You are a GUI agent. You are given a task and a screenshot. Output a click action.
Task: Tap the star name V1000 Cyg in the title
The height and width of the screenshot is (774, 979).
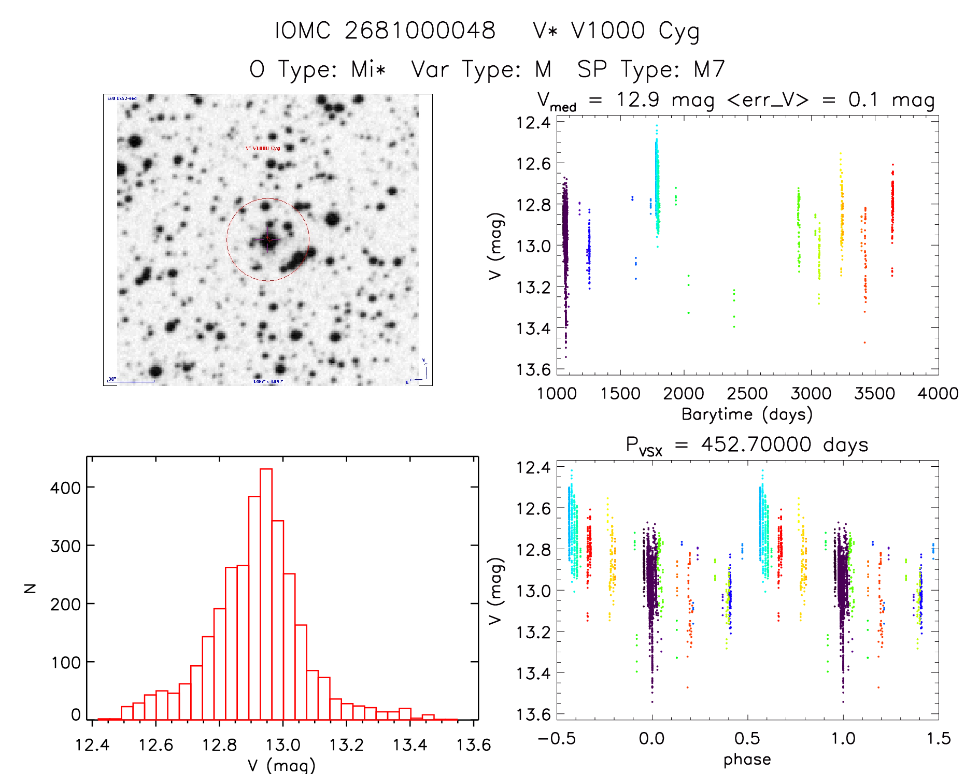pyautogui.click(x=635, y=31)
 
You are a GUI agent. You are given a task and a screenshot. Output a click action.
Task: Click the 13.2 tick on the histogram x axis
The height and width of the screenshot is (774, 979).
pyautogui.click(x=346, y=745)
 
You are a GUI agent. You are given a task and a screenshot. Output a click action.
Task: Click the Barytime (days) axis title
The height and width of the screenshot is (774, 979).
pyautogui.click(x=747, y=414)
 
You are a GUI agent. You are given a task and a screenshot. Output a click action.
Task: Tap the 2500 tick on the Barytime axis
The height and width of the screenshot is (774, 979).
pyautogui.click(x=747, y=394)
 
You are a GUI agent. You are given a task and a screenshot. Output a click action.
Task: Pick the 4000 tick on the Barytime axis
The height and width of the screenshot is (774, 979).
pyautogui.click(x=938, y=394)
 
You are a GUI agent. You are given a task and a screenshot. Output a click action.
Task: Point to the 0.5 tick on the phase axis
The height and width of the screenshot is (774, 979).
pyautogui.click(x=747, y=738)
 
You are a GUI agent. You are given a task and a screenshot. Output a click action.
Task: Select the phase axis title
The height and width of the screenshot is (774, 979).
pyautogui.click(x=747, y=759)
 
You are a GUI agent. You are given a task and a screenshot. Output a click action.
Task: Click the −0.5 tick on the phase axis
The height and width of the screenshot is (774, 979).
pyautogui.click(x=557, y=738)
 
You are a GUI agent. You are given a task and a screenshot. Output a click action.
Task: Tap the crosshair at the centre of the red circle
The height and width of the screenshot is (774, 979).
pyautogui.click(x=268, y=239)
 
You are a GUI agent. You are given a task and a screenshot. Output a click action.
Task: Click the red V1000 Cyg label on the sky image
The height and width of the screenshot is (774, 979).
pyautogui.click(x=263, y=148)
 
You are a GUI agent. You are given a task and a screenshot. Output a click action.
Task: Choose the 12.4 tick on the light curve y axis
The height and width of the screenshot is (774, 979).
pyautogui.click(x=533, y=123)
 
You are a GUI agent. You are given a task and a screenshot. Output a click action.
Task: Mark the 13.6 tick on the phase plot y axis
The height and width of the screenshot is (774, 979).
pyautogui.click(x=533, y=714)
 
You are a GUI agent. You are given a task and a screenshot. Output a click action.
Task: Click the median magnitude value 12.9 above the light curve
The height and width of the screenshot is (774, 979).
pyautogui.click(x=637, y=99)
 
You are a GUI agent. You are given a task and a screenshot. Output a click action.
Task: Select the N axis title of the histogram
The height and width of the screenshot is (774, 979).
pyautogui.click(x=31, y=588)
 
